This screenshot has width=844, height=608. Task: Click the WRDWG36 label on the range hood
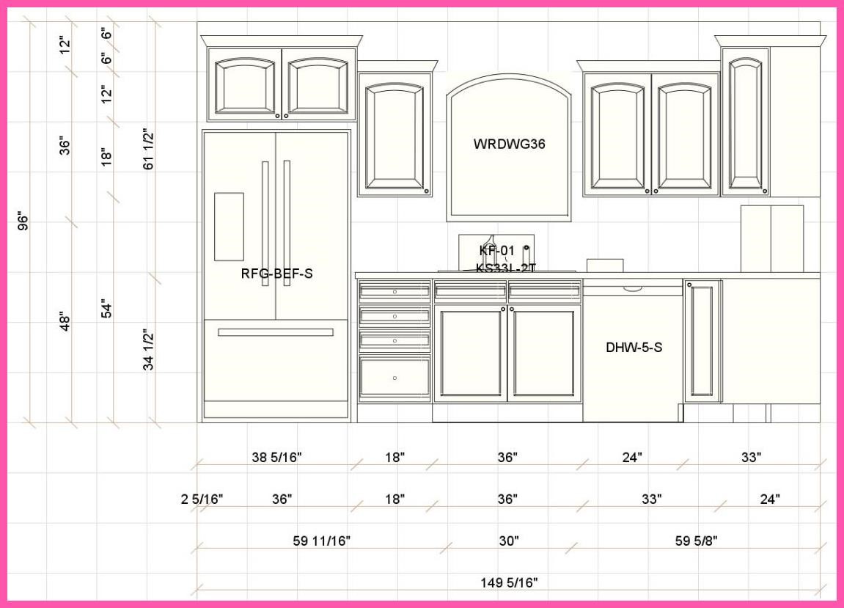pos(509,144)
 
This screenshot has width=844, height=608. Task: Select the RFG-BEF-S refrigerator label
pos(276,274)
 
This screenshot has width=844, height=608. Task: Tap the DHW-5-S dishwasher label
pos(634,348)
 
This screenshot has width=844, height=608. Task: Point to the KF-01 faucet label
pos(496,251)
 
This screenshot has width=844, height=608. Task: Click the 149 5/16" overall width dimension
pos(509,583)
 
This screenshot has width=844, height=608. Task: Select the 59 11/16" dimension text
pos(321,541)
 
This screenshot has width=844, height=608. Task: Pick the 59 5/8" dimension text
pos(695,541)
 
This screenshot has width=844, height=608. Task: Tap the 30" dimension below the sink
pos(509,541)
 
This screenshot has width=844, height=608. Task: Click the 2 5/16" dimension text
pos(202,499)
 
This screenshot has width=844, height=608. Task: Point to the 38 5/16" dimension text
pos(276,458)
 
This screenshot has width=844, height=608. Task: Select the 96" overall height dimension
pos(23,221)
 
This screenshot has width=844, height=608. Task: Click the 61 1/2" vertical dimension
pos(149,150)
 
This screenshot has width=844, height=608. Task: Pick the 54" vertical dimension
pos(107,309)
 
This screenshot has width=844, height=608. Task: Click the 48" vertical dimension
pos(65,322)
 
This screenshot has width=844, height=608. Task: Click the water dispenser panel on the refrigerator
pos(229,227)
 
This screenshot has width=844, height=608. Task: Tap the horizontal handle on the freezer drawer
pos(276,332)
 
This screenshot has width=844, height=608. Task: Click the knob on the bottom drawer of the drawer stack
pos(395,378)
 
